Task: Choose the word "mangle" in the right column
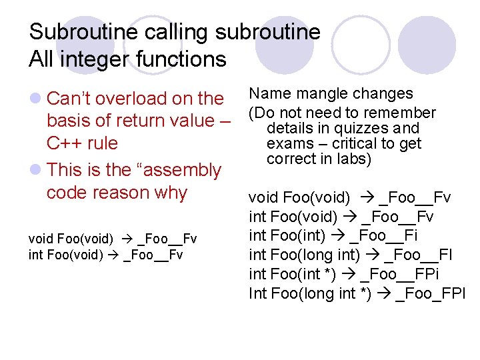(x=320, y=94)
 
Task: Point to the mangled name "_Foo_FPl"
(x=430, y=293)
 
